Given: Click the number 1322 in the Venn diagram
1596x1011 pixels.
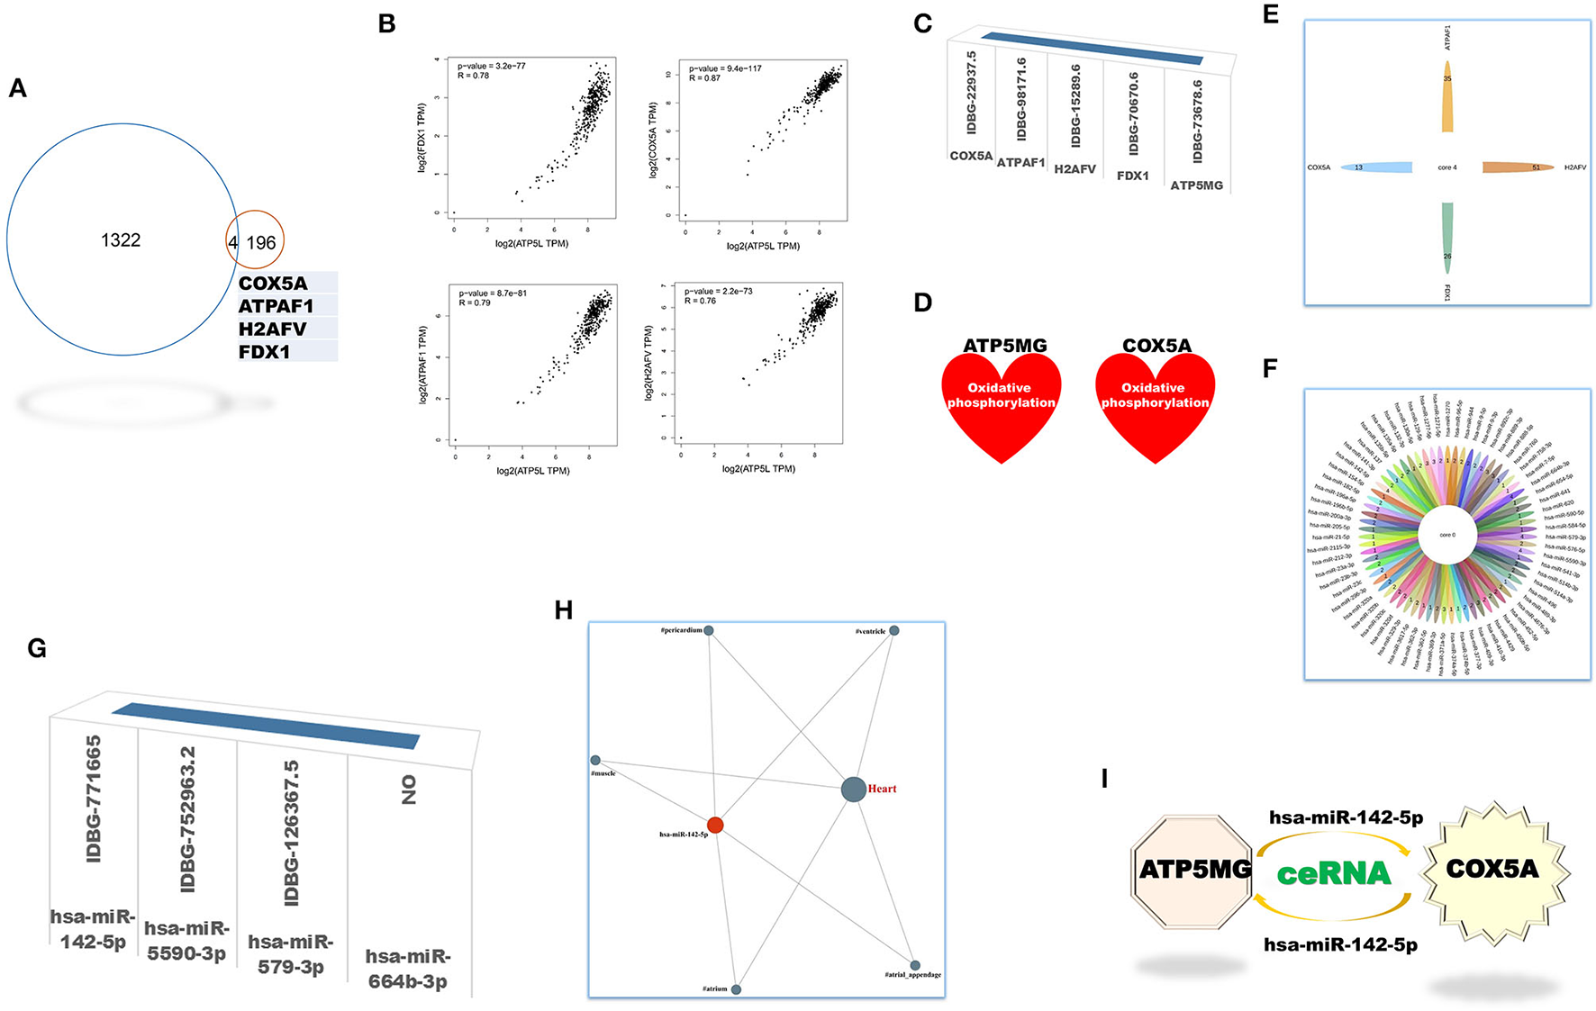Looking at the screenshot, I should (x=121, y=240).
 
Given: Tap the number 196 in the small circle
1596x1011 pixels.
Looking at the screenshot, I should (x=261, y=243).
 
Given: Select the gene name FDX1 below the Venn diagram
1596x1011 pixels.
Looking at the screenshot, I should (x=264, y=352).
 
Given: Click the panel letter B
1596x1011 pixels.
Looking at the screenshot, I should (x=387, y=24).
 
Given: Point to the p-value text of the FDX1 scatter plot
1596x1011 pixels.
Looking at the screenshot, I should (x=492, y=66).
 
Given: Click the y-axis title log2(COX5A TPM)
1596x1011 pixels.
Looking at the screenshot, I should (x=653, y=140).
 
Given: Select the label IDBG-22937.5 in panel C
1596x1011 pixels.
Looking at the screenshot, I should (x=971, y=93).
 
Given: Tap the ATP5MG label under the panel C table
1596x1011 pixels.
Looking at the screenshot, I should (x=1196, y=185).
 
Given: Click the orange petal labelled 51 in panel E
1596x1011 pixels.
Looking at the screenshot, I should (x=1518, y=167).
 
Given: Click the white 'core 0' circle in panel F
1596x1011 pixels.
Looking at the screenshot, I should (x=1446, y=535).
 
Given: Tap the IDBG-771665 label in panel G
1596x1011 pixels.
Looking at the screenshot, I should (x=93, y=799).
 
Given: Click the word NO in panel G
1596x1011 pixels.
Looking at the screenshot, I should (x=409, y=790).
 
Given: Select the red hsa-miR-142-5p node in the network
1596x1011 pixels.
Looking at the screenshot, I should (x=715, y=825).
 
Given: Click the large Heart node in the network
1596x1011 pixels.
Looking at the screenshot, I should (x=853, y=790).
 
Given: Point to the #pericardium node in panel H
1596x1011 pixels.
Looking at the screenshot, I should (x=709, y=630).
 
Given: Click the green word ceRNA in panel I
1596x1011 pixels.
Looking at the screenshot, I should (x=1334, y=873).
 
